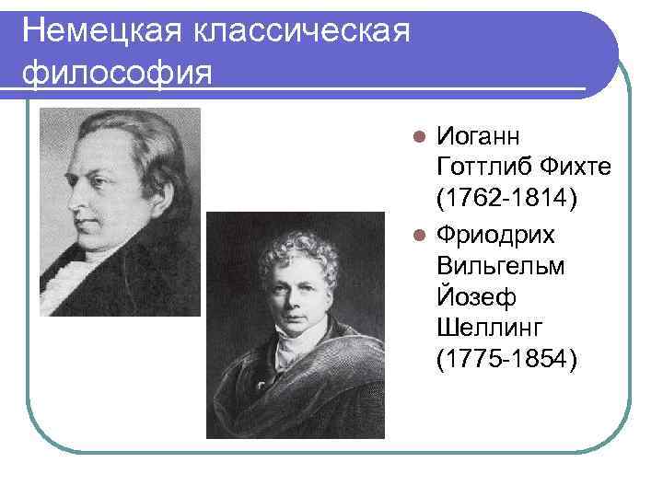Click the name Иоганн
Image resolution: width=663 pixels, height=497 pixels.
[x=478, y=137]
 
